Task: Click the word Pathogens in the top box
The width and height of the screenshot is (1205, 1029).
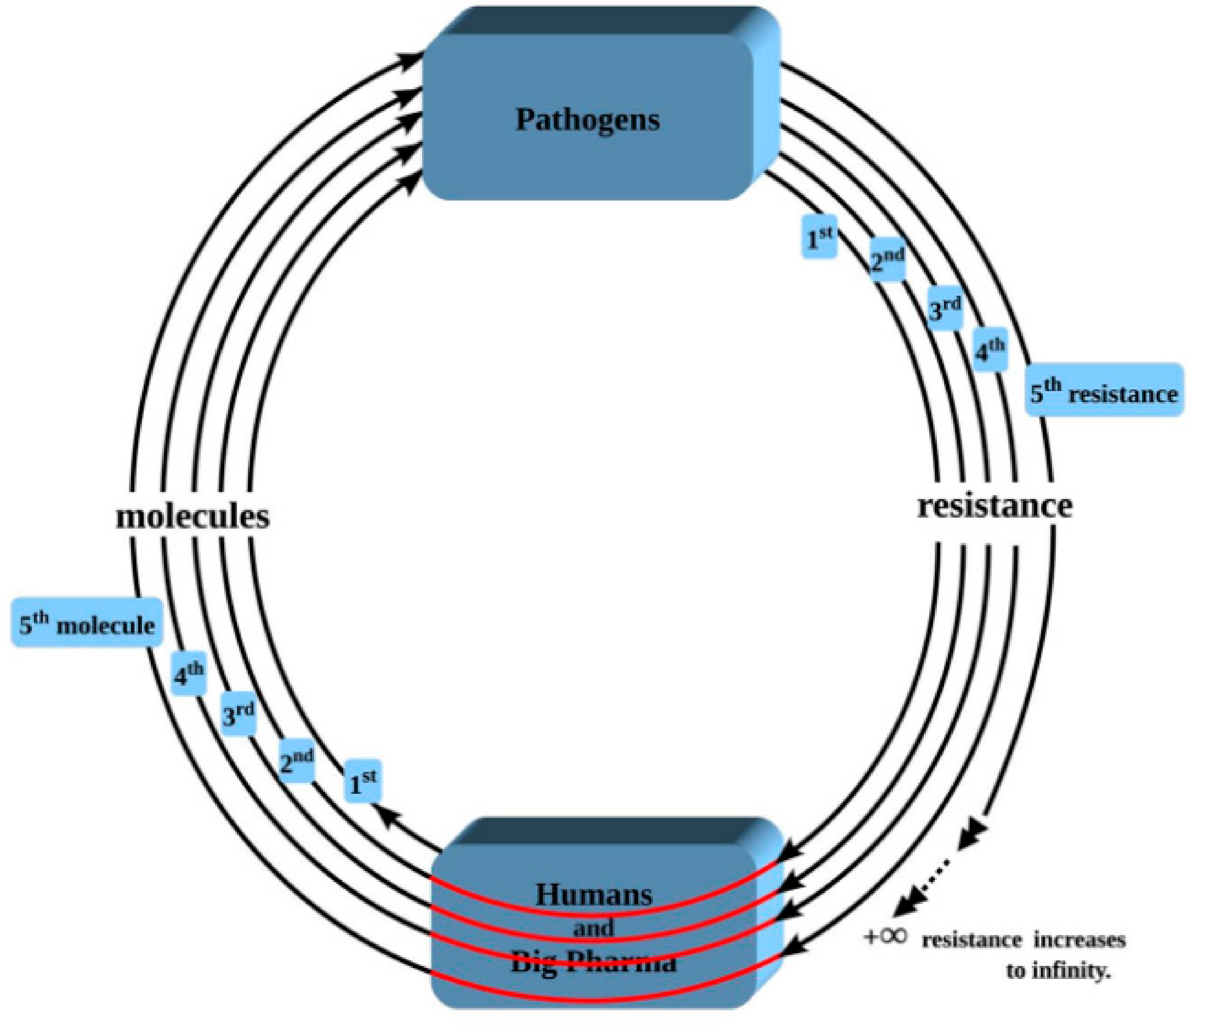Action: click(x=587, y=120)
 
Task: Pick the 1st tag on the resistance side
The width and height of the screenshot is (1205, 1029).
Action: click(x=820, y=237)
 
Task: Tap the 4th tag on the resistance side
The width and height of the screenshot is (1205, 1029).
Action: click(x=990, y=349)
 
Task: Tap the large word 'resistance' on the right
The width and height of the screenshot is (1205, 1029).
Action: click(x=994, y=506)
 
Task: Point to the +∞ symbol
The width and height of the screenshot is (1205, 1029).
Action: click(x=885, y=937)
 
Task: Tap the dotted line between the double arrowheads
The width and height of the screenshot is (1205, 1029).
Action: click(x=938, y=875)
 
